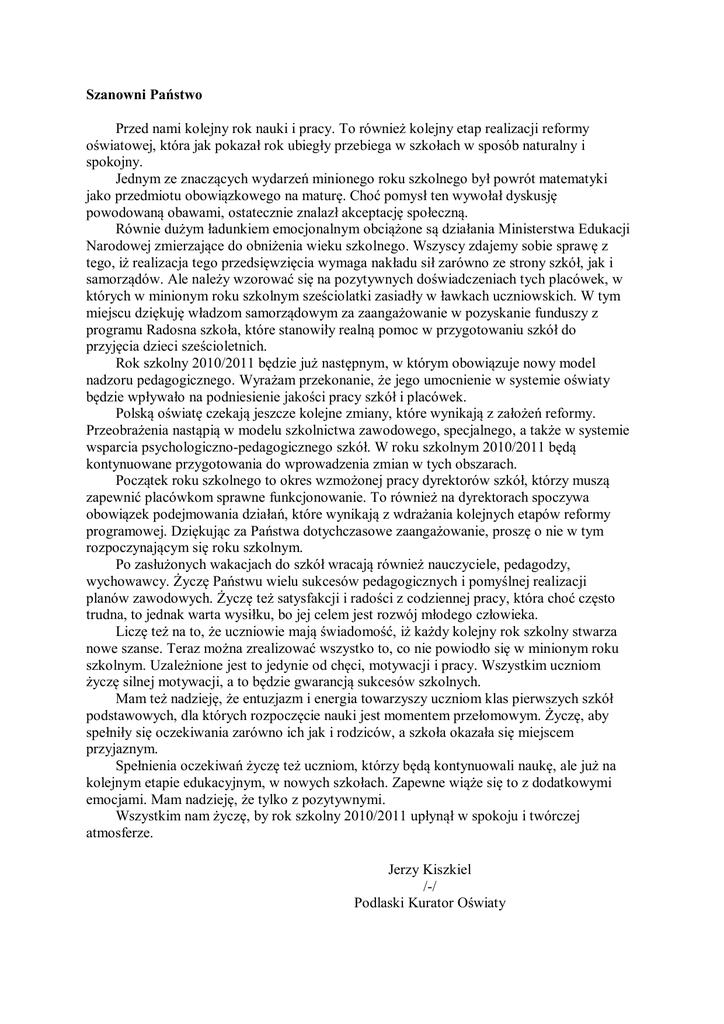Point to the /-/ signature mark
(x=430, y=884)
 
